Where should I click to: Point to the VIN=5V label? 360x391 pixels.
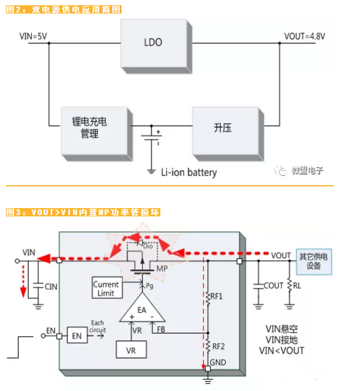33,35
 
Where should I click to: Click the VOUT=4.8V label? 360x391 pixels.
305,36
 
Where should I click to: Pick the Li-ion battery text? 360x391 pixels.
189,172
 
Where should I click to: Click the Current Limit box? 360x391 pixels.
106,289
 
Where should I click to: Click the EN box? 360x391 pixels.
76,336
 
